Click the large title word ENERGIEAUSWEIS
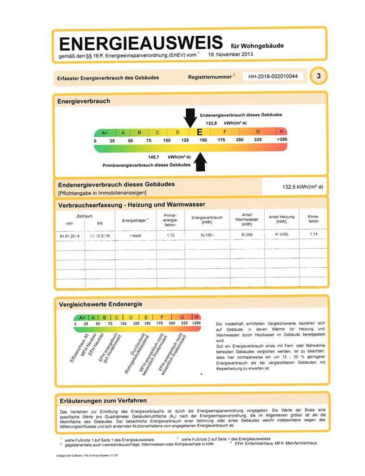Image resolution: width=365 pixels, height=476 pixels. [x=141, y=43]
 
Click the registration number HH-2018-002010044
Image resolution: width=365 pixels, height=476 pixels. [x=273, y=76]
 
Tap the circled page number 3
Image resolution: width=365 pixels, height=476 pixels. [x=318, y=76]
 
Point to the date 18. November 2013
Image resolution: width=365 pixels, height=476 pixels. [x=231, y=54]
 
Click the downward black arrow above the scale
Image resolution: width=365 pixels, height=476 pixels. [x=190, y=118]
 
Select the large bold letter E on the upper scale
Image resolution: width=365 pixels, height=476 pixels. [x=200, y=132]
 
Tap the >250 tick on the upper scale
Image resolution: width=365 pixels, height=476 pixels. [x=281, y=140]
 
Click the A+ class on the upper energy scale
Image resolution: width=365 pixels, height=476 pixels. [x=104, y=132]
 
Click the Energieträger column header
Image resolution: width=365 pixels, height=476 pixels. [x=135, y=220]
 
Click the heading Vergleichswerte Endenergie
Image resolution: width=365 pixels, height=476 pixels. [x=100, y=304]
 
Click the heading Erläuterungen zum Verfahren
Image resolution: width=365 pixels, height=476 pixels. [x=103, y=400]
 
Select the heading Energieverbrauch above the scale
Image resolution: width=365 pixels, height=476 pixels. [x=84, y=101]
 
